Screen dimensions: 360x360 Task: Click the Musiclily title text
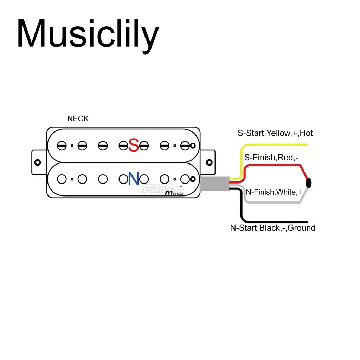point(88,34)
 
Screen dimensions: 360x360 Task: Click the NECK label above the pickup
point(78,119)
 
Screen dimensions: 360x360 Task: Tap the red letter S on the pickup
point(134,145)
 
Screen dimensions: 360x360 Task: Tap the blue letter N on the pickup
point(134,179)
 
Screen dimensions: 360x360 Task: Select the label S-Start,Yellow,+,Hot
point(275,134)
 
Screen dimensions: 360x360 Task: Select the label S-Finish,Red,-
point(271,157)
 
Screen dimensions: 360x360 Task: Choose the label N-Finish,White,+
point(274,192)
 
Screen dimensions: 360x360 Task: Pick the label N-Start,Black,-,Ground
point(272,228)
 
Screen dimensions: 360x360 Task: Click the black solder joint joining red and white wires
point(309,183)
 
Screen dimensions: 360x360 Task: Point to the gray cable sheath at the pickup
point(215,184)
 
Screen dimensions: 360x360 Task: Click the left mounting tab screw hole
point(38,162)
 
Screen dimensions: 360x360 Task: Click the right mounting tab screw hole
point(209,162)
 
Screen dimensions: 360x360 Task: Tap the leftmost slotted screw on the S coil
point(62,145)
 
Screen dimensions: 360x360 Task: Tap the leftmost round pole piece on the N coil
point(62,179)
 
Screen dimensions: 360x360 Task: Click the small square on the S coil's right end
point(193,146)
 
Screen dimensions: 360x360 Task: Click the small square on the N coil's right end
point(193,179)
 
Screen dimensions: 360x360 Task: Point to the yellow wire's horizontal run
point(278,144)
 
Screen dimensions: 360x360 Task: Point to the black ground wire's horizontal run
point(278,222)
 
